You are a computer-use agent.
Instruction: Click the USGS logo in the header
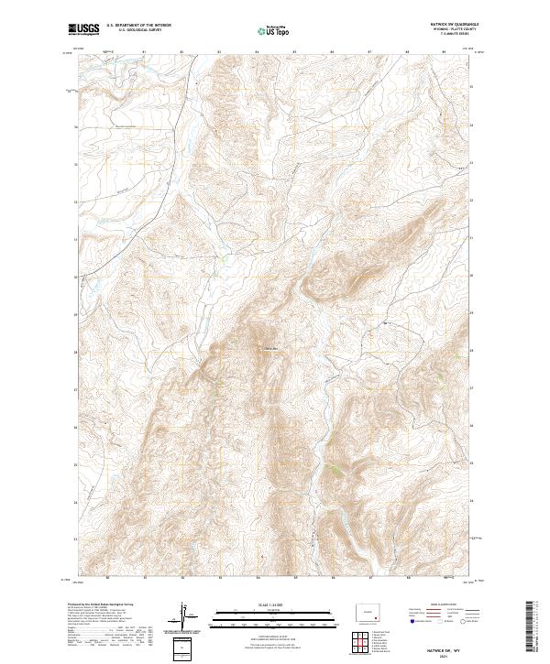(84, 29)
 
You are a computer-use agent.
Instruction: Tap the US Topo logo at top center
(274, 30)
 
